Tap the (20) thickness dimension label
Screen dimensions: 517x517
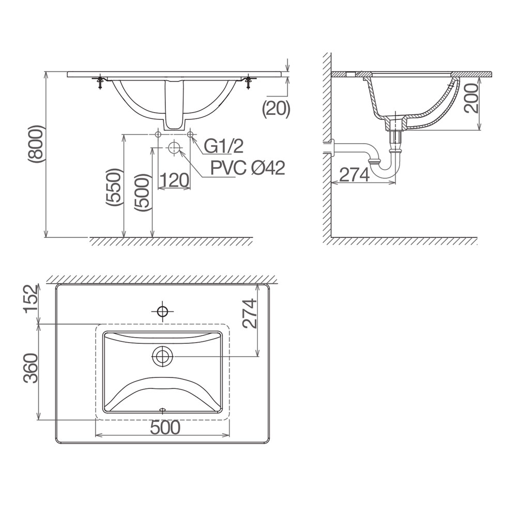[276, 109]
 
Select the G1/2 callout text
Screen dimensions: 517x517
[223, 146]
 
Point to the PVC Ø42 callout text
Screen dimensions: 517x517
[248, 168]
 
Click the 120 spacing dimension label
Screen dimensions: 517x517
[174, 180]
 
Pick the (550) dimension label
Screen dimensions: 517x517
[114, 188]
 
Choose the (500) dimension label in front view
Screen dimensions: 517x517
[143, 192]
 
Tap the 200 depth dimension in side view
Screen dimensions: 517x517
[472, 98]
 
